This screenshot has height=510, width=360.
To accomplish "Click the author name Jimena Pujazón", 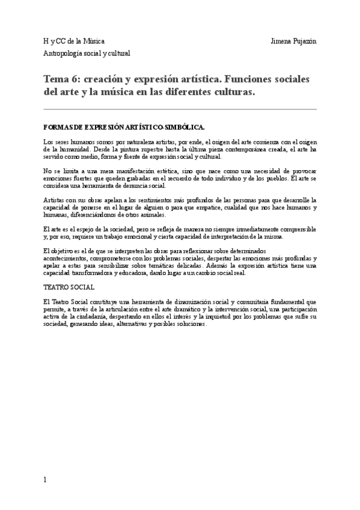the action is coord(294,41).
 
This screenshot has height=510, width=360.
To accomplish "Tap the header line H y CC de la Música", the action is coord(73,41).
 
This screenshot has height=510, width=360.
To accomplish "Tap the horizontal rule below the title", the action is coord(180,109).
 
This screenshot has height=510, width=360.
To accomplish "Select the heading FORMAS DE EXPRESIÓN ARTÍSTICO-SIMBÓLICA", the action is coord(124,127).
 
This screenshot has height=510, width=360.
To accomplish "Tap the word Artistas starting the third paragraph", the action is coord(55,200).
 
